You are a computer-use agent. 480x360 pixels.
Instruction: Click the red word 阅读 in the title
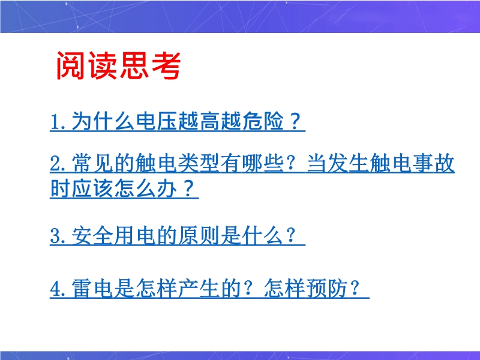87,66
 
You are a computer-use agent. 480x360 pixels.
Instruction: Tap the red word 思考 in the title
150,66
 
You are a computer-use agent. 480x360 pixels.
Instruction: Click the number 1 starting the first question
55,122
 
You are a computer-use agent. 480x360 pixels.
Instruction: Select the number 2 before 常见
55,163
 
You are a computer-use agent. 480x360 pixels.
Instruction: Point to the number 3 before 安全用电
55,236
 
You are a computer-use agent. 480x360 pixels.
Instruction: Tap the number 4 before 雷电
55,289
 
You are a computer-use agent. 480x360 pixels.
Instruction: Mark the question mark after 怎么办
189,188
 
